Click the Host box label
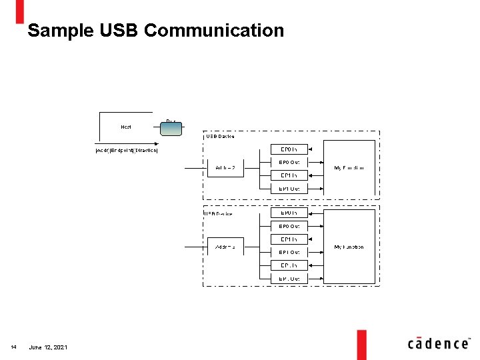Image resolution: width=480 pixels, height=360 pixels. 126,127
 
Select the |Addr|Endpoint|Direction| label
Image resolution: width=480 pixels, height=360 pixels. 126,150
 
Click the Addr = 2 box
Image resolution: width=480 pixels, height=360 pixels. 225,167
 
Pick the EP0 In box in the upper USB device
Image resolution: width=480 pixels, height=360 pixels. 289,149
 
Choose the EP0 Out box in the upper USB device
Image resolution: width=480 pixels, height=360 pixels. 289,162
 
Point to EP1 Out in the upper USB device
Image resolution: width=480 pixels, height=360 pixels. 289,188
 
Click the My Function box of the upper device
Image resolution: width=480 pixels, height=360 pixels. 349,168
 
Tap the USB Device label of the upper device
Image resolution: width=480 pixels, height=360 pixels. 220,137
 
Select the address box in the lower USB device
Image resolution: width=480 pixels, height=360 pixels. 225,247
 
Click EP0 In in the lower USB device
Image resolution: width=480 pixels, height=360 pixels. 289,213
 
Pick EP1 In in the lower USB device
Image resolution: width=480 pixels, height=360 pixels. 289,239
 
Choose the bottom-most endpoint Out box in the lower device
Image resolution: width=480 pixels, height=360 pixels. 289,278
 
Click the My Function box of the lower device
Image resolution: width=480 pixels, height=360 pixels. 349,247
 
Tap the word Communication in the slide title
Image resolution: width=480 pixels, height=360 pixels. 213,31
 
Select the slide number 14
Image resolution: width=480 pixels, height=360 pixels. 13,347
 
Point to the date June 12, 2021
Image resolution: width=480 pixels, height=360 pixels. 48,347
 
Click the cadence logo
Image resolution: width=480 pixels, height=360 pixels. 438,343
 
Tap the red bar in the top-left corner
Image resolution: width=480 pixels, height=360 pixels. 20,11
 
